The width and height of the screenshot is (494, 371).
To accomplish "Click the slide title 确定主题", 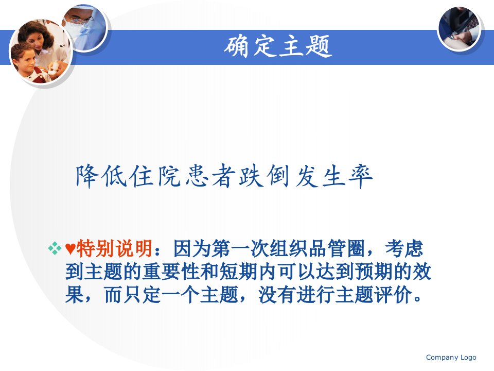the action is tap(278, 46).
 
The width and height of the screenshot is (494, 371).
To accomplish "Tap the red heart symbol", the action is tap(70, 249).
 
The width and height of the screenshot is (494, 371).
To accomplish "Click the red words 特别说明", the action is tap(115, 248).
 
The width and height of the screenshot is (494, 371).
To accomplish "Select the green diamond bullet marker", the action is tap(55, 248).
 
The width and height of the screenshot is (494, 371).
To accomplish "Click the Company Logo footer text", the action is tap(451, 357).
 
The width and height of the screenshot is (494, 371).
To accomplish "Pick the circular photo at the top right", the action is tap(459, 29).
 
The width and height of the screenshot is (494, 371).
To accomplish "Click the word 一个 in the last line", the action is tap(181, 295).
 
